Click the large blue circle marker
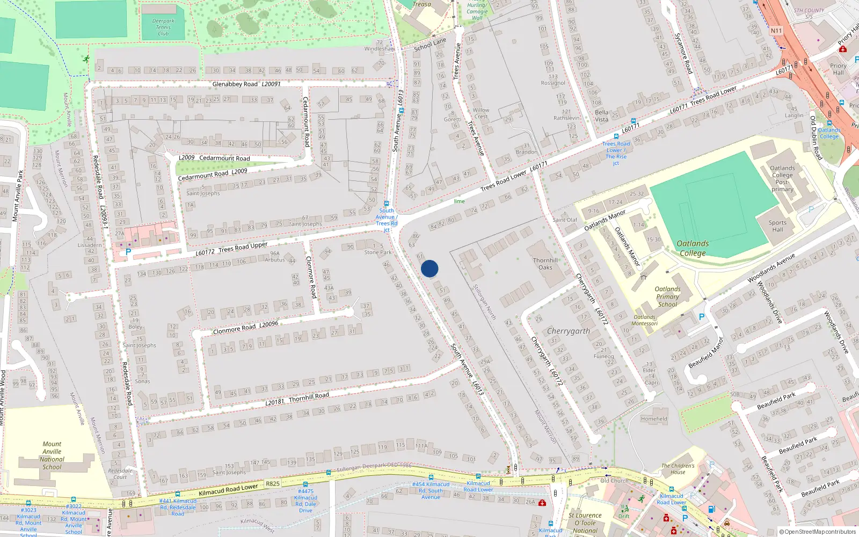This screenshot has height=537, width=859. pyautogui.click(x=429, y=268)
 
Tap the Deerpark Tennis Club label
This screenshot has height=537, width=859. pyautogui.click(x=163, y=27)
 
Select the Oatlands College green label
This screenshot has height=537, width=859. pyautogui.click(x=693, y=248)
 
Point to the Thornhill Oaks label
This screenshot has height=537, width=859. pyautogui.click(x=545, y=264)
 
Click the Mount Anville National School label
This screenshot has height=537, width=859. pyautogui.click(x=52, y=455)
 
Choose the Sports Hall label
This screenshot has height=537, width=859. pyautogui.click(x=777, y=226)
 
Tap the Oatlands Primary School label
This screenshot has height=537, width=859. pyautogui.click(x=667, y=296)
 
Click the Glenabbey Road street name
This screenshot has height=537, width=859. pyautogui.click(x=235, y=84)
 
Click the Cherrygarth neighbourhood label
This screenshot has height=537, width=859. pyautogui.click(x=568, y=331)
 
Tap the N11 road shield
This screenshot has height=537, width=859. pyautogui.click(x=776, y=31)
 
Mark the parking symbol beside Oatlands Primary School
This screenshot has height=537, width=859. pyautogui.click(x=701, y=317)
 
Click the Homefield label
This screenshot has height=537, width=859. pyautogui.click(x=654, y=419)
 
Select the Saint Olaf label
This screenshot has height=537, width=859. pyautogui.click(x=565, y=220)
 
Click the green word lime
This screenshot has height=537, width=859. pyautogui.click(x=460, y=201)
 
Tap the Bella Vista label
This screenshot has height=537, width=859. pyautogui.click(x=601, y=116)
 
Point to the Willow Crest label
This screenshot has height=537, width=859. pyautogui.click(x=481, y=113)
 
